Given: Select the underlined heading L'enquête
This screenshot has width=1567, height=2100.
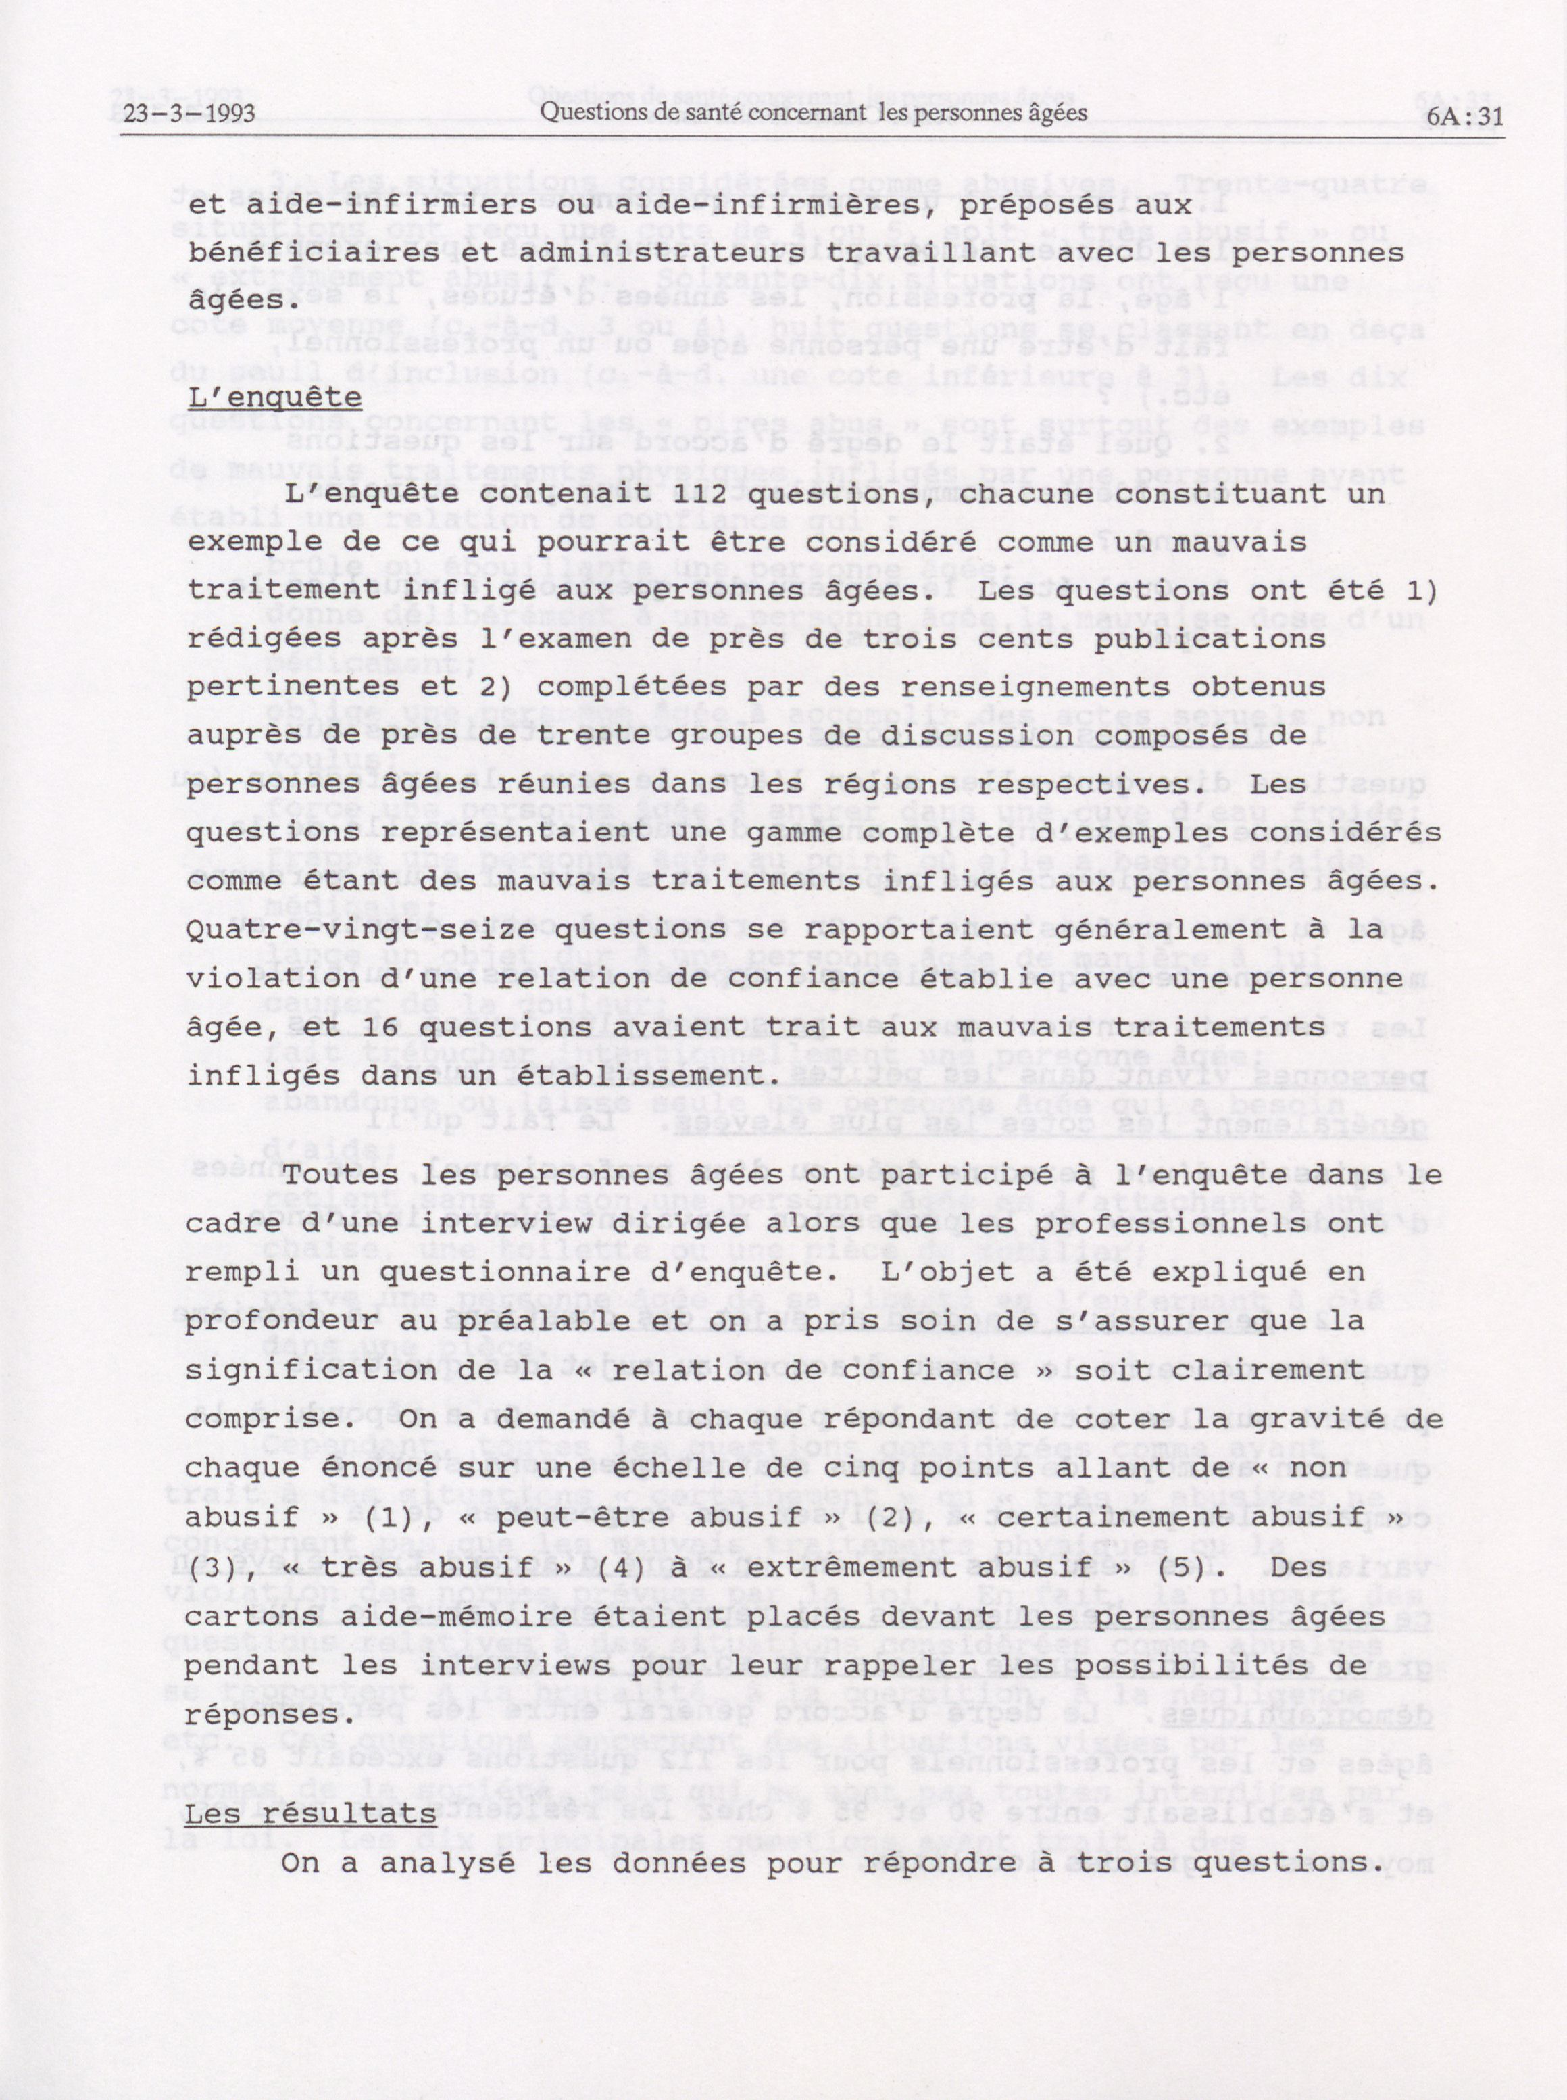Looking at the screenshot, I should click(x=274, y=397).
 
